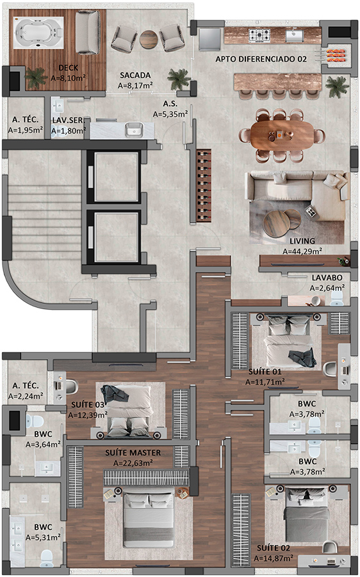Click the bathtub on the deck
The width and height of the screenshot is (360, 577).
[38, 33]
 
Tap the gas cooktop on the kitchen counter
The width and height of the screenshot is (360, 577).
[259, 36]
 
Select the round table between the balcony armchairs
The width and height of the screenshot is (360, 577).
[149, 38]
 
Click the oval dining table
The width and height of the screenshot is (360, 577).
[283, 135]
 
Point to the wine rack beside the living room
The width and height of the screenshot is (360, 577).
[204, 186]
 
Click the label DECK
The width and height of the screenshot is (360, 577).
[69, 68]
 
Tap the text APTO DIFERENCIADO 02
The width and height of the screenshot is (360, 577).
[261, 59]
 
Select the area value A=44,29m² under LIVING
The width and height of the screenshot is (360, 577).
[302, 251]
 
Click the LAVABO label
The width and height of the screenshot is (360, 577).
[327, 278]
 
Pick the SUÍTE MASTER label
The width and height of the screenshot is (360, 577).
[133, 453]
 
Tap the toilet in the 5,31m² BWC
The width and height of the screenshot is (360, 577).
[46, 558]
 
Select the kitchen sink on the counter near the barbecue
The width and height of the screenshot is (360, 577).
[295, 36]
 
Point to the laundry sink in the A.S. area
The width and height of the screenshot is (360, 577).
[134, 130]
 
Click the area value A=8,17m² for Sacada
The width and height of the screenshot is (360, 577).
[135, 85]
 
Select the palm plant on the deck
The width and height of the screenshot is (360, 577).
[36, 78]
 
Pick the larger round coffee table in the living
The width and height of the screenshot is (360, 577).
[276, 223]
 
